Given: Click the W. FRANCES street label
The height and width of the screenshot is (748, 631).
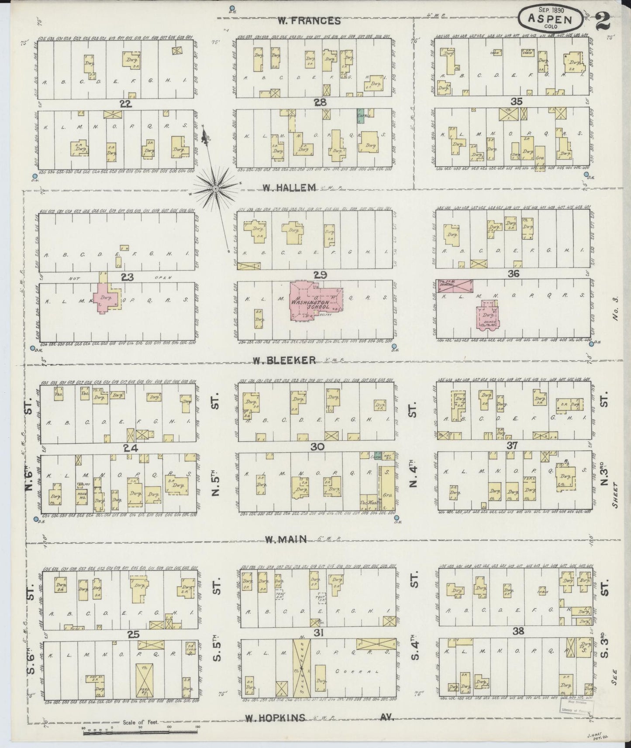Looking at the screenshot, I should point(308,21).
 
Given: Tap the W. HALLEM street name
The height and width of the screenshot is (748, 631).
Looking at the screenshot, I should point(289,188).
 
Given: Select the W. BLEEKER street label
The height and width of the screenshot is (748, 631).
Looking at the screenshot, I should point(284,360).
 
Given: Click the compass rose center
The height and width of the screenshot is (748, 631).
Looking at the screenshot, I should point(216,189).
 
